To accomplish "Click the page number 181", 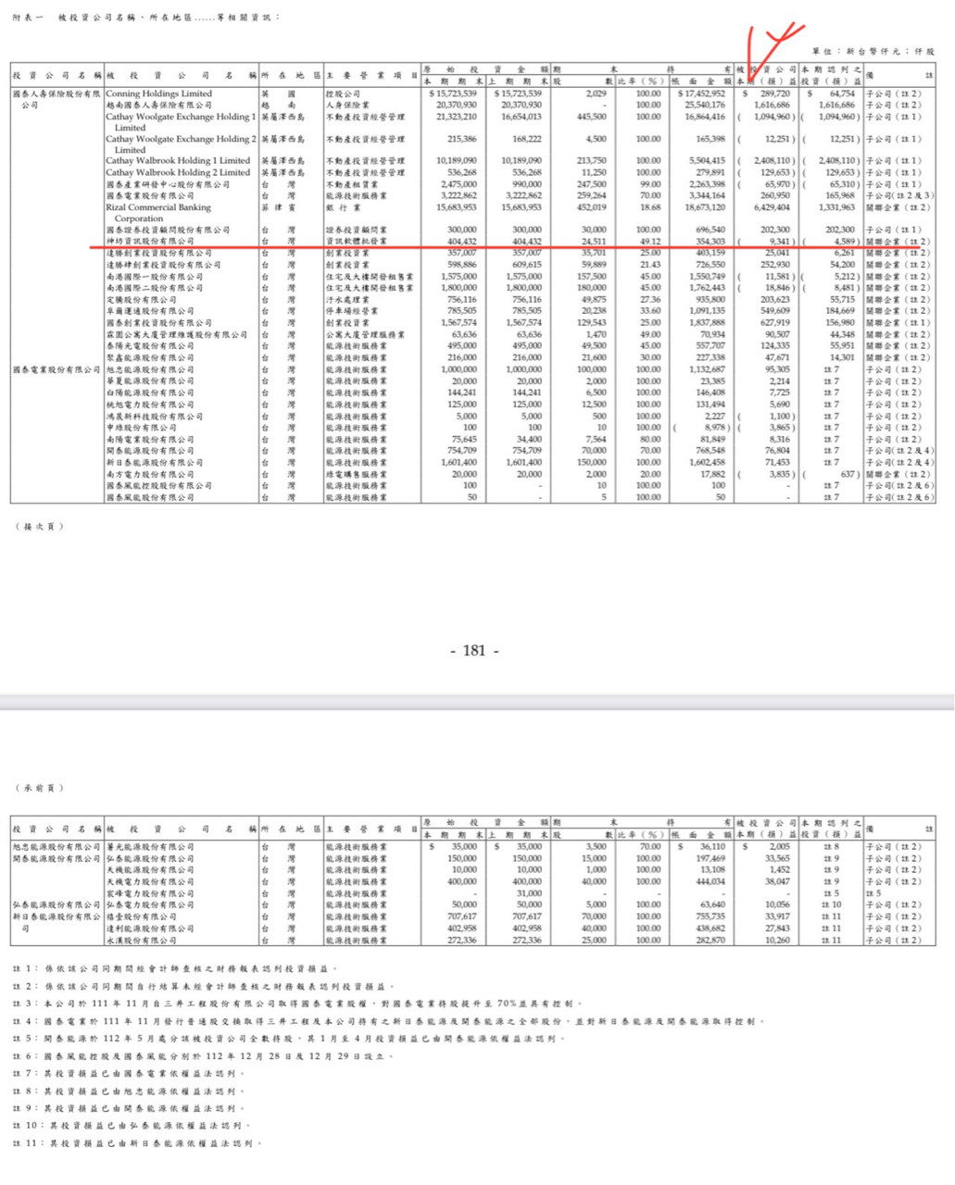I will (x=474, y=651).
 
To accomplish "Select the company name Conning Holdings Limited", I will (x=158, y=94).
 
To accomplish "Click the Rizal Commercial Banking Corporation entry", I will (x=158, y=213).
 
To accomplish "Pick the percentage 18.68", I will (x=647, y=207).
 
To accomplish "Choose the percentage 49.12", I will (x=647, y=242).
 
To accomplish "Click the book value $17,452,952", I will (x=701, y=94).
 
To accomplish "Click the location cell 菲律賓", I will (x=278, y=207).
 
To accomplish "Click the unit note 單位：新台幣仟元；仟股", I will (x=873, y=52).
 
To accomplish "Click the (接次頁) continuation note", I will (x=39, y=526).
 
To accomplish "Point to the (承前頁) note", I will (x=39, y=788).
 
